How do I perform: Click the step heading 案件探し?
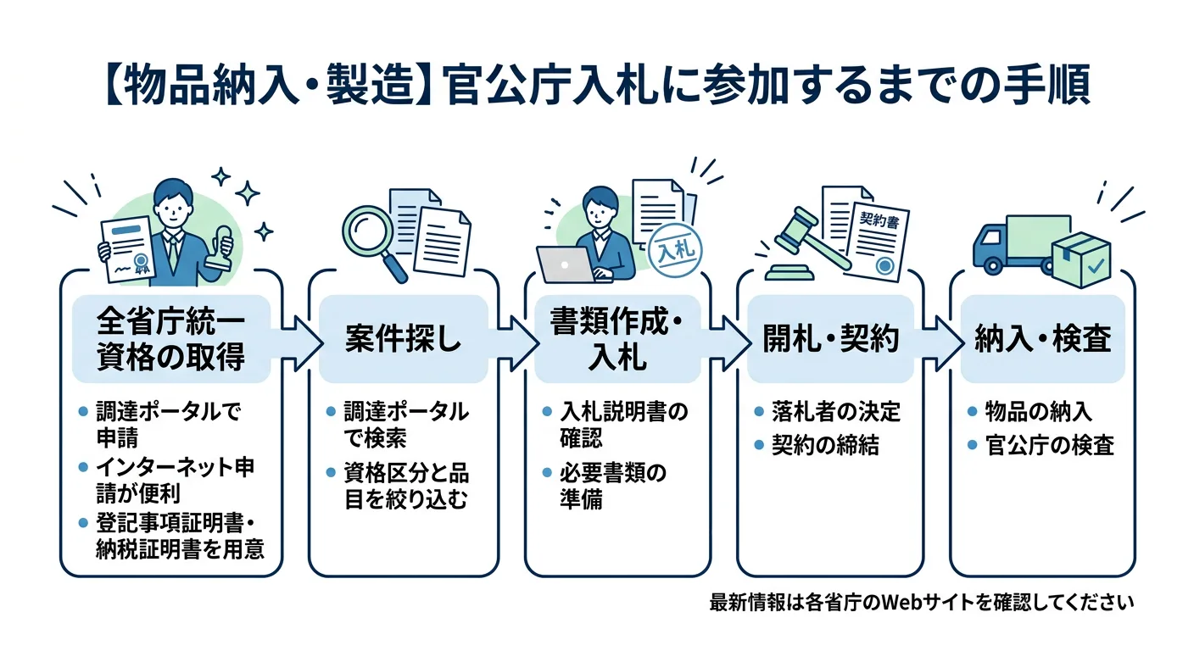click(403, 339)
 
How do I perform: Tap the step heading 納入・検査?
click(1042, 339)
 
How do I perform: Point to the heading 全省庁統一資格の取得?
click(171, 339)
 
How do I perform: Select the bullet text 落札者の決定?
click(835, 413)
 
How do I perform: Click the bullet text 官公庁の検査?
click(1049, 445)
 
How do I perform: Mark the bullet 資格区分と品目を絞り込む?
click(405, 485)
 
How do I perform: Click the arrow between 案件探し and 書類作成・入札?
click(517, 340)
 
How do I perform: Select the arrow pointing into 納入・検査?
click(944, 340)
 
